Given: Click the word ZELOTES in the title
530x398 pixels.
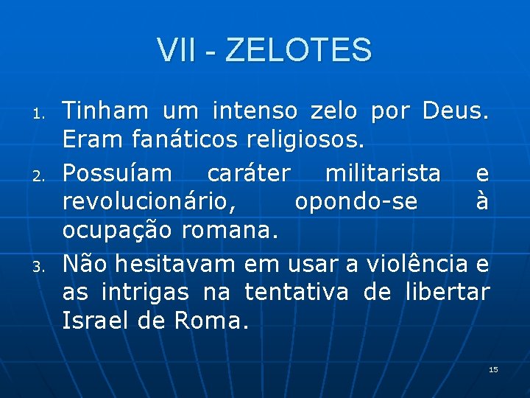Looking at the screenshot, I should pyautogui.click(x=299, y=51).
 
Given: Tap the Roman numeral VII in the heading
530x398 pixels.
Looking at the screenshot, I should pyautogui.click(x=175, y=51).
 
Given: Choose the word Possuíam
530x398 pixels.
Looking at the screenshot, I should pyautogui.click(x=116, y=172).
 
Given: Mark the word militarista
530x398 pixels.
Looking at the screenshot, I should pyautogui.click(x=383, y=172).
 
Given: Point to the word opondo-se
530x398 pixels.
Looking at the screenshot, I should pyautogui.click(x=356, y=202).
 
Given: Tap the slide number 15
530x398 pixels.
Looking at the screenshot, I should pyautogui.click(x=493, y=369).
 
